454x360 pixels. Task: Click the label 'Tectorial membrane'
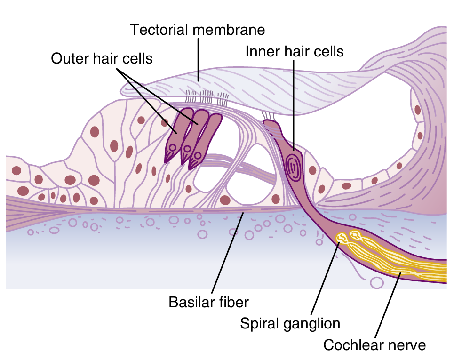tap(198, 30)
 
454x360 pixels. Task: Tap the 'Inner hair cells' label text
tap(295, 51)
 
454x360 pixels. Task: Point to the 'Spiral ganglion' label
tap(290, 323)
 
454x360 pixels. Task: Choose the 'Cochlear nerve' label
tap(374, 345)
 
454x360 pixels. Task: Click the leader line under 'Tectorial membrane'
tap(198, 59)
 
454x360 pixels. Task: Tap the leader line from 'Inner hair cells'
tap(293, 99)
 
